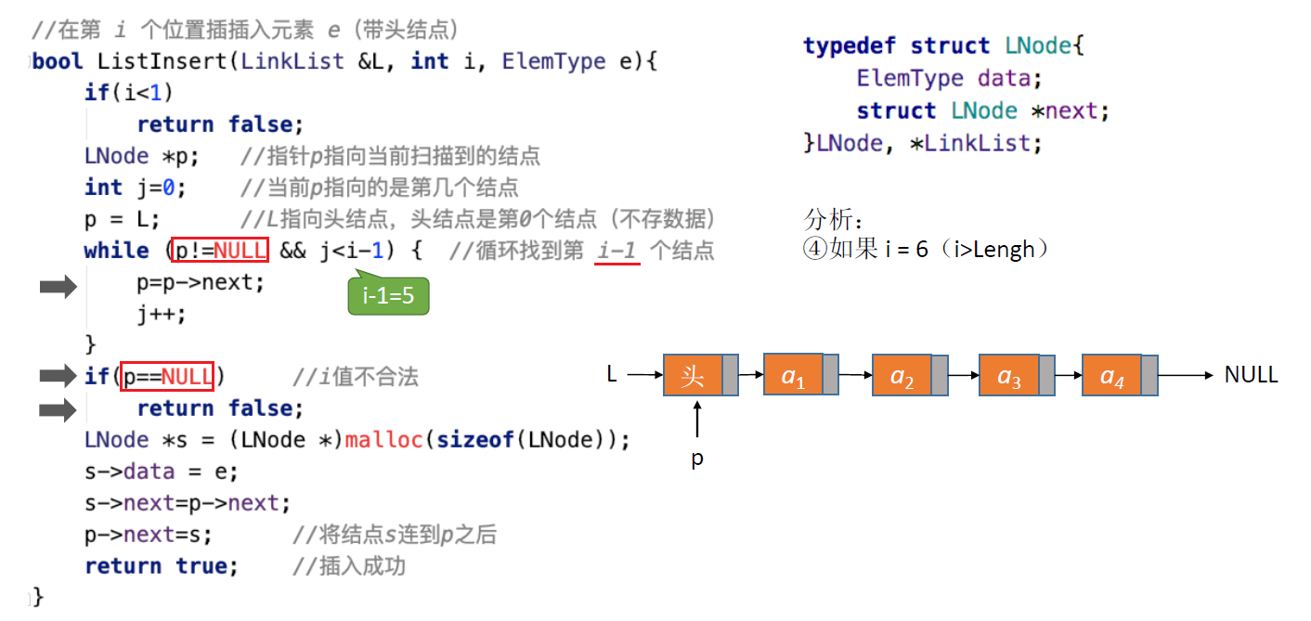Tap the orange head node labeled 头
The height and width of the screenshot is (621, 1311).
pos(693,375)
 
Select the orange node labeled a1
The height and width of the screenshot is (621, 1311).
pos(793,374)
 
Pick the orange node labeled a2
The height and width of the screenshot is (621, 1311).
pos(902,375)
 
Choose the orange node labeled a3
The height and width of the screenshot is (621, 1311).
pos(1009,375)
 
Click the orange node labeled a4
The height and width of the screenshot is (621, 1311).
pos(1111,375)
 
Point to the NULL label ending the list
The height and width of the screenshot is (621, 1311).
pos(1251,375)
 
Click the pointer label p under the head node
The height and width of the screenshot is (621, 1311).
pos(696,459)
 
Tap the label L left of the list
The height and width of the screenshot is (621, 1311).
pos(612,375)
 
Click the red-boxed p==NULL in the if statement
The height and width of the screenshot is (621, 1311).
pos(168,376)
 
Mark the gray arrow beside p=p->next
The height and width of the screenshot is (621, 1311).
pos(58,289)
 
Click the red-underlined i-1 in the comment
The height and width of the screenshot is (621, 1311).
pos(617,251)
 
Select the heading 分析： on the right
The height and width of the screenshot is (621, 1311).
pos(834,221)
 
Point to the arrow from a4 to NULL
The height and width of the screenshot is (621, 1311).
pos(1185,375)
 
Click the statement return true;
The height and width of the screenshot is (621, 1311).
pos(161,565)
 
